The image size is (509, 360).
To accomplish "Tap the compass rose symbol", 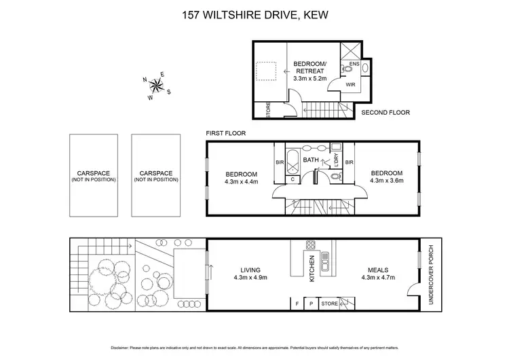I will [156, 86].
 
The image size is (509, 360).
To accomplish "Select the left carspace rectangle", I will [93, 175].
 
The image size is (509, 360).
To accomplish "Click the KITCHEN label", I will [312, 270].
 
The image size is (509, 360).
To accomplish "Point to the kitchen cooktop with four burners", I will [311, 245].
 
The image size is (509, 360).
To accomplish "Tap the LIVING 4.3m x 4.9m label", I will [251, 272].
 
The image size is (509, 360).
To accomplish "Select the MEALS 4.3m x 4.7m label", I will [377, 272].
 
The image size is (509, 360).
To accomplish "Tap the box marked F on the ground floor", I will [296, 303].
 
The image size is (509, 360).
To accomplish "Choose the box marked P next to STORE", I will [311, 303].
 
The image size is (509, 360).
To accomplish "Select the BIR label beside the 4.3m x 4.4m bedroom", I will [280, 162].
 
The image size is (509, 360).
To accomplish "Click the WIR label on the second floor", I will [351, 86].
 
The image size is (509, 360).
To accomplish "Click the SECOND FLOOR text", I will [386, 113].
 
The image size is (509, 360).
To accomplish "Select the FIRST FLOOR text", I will [225, 134].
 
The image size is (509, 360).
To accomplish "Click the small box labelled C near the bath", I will [293, 179].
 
